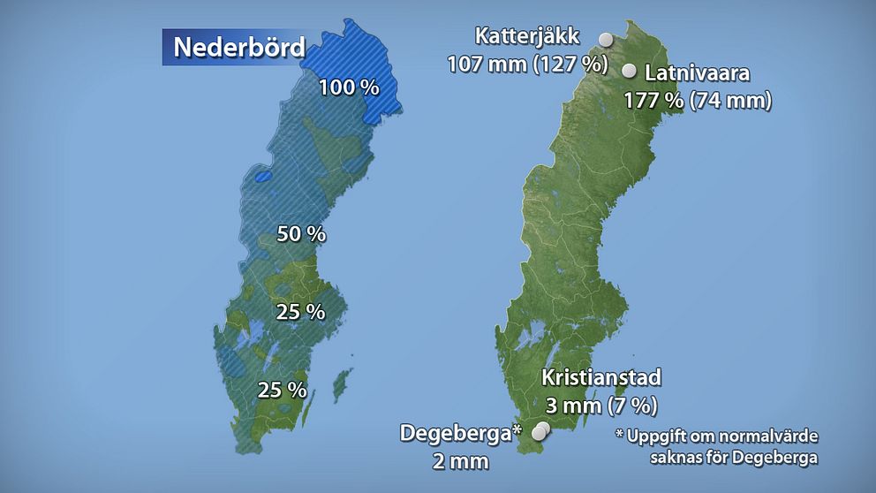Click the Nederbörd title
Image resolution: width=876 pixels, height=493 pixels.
click(x=238, y=47)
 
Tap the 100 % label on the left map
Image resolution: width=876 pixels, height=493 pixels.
click(x=349, y=88)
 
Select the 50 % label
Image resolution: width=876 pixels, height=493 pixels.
click(x=302, y=235)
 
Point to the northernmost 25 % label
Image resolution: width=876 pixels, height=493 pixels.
click(x=300, y=312)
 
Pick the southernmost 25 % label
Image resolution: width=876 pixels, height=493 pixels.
click(x=282, y=389)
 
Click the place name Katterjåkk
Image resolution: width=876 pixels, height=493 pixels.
click(x=527, y=36)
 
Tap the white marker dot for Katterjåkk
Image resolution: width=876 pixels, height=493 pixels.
click(x=605, y=39)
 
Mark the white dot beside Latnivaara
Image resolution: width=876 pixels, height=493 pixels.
click(x=630, y=72)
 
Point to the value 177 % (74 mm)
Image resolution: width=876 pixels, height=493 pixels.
click(x=698, y=100)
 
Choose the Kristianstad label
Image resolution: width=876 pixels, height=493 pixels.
click(x=600, y=378)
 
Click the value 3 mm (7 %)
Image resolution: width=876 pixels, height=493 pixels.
click(x=600, y=406)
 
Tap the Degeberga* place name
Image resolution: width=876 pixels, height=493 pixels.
click(x=461, y=434)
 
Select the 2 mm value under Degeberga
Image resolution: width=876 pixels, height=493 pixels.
click(x=460, y=460)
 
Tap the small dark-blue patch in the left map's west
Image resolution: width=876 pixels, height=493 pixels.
click(x=261, y=177)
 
